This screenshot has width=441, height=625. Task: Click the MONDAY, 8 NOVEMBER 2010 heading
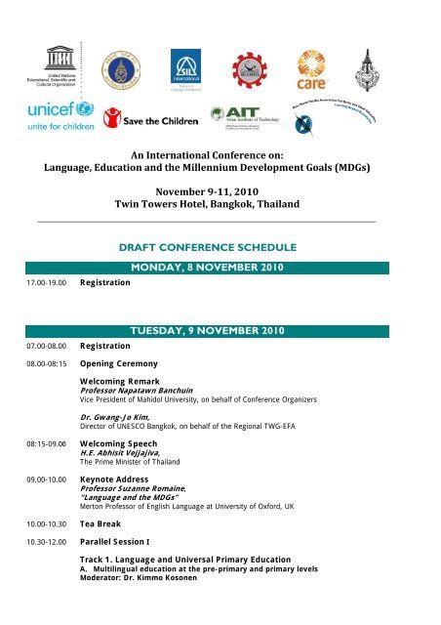pos(220,268)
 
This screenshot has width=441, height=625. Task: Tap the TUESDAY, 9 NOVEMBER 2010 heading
pos(220,330)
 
